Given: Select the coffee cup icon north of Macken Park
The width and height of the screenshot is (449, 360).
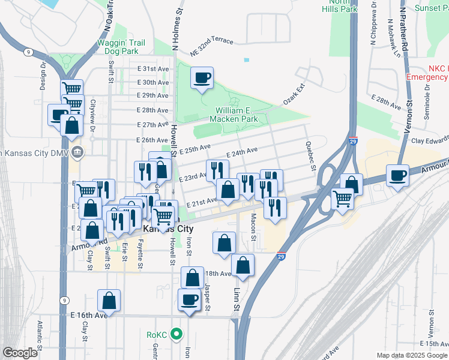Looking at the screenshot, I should (x=202, y=77).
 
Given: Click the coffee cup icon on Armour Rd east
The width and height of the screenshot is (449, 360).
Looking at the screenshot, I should (x=397, y=175).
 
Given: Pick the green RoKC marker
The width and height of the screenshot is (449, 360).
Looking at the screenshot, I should (x=176, y=334).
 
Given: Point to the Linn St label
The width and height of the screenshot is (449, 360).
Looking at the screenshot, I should (x=237, y=298).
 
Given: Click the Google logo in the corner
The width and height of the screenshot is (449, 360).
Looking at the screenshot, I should (x=20, y=353).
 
